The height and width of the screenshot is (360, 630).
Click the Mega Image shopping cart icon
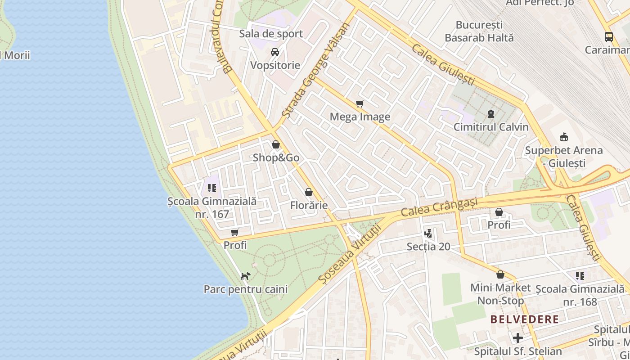click(360, 104)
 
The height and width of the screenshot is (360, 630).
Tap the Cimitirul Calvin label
click(491, 127)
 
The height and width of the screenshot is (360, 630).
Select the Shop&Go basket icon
click(276, 145)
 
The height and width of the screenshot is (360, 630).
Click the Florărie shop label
click(309, 206)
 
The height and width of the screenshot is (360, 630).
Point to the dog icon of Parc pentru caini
click(245, 276)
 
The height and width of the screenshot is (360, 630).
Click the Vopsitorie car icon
click(275, 52)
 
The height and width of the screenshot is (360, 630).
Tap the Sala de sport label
click(271, 34)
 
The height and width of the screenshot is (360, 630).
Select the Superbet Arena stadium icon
click(563, 137)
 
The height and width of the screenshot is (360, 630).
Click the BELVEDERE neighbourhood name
click(524, 319)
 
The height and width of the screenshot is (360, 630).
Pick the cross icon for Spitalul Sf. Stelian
click(518, 337)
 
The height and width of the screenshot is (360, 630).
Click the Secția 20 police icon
click(428, 234)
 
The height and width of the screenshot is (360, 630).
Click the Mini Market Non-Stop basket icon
click(500, 274)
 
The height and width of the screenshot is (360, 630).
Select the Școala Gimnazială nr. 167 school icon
click(212, 188)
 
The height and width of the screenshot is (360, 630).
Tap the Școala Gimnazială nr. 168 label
click(580, 295)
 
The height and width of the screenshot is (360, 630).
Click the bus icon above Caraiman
click(608, 37)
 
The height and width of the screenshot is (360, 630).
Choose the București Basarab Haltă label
click(479, 31)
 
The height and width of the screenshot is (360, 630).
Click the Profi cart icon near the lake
click(234, 233)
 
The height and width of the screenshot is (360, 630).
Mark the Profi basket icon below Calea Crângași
click(499, 212)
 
